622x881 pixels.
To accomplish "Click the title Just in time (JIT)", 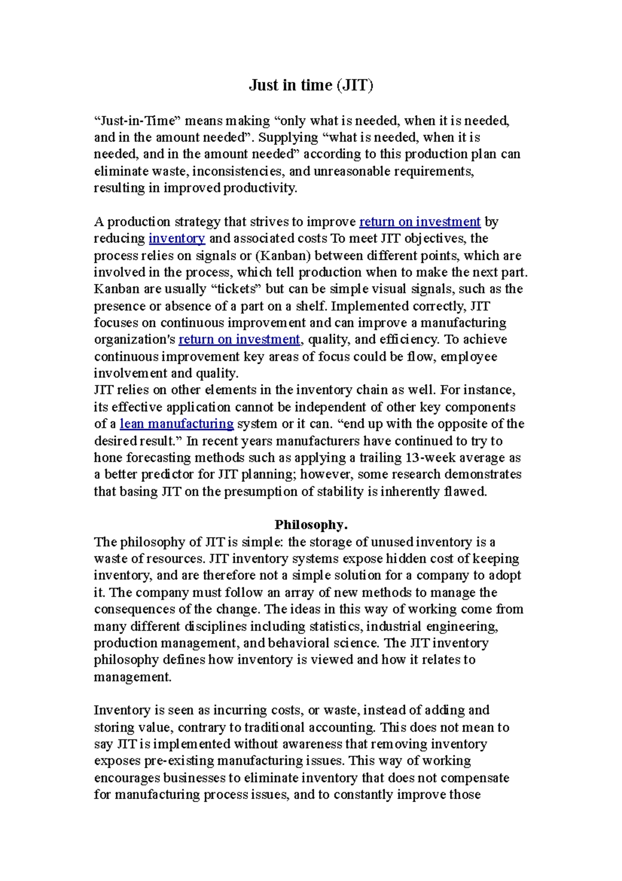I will pyautogui.click(x=311, y=85).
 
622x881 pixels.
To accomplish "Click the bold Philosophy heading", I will pyautogui.click(x=310, y=525).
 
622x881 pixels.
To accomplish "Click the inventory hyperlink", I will pyautogui.click(x=177, y=239).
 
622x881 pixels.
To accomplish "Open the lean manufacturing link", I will pyautogui.click(x=177, y=424).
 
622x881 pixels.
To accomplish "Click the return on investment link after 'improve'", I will pyautogui.click(x=420, y=222).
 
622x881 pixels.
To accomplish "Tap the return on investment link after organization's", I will pyautogui.click(x=239, y=340).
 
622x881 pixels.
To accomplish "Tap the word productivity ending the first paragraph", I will pyautogui.click(x=260, y=188).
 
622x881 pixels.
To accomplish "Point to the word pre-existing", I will pyautogui.click(x=178, y=761).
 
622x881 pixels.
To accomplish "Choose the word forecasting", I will pyautogui.click(x=156, y=458).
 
